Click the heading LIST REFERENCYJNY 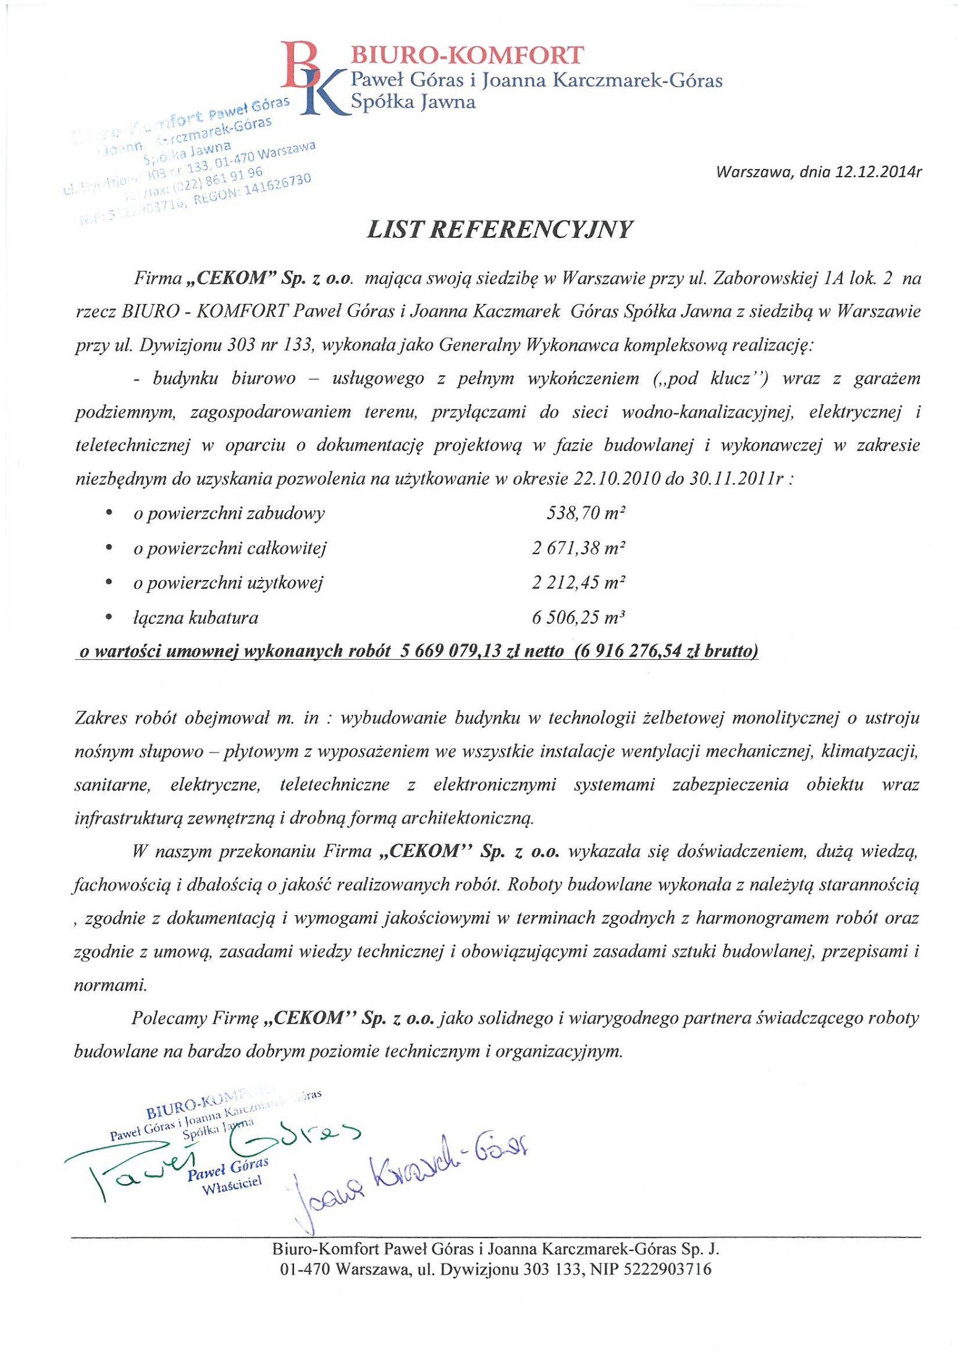500,229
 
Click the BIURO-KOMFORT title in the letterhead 466,56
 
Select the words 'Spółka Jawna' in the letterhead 413,102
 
